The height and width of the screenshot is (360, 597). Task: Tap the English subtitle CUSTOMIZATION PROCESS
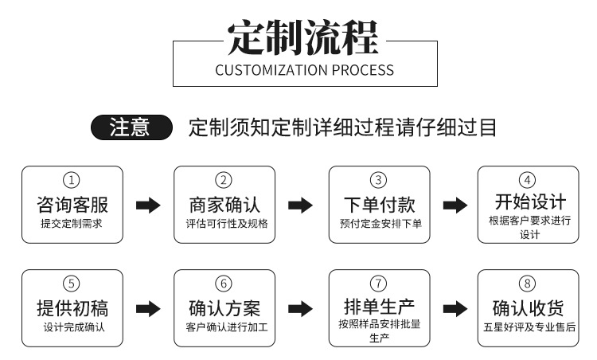(304, 69)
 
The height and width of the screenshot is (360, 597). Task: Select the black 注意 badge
(131, 127)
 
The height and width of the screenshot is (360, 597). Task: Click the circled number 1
(72, 180)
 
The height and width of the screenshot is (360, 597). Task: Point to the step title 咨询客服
(72, 203)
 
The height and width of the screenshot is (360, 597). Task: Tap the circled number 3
(379, 180)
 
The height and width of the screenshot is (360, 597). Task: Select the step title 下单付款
(379, 203)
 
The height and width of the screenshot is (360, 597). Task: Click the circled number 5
(72, 284)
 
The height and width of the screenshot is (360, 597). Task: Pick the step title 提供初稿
(72, 307)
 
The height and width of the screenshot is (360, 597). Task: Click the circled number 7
(379, 284)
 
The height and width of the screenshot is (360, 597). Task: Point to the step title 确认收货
(529, 307)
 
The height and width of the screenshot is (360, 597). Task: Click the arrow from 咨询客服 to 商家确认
(148, 205)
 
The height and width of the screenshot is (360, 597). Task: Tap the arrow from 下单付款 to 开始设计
(455, 205)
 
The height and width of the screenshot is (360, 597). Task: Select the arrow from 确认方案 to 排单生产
(300, 309)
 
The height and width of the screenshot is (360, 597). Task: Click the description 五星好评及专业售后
(529, 327)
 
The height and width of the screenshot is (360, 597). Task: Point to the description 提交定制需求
(72, 224)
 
